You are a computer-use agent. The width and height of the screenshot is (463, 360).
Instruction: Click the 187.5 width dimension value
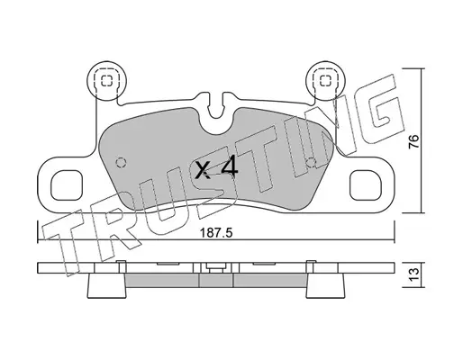[216, 233]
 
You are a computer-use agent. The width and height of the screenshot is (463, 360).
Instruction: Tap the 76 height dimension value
[414, 141]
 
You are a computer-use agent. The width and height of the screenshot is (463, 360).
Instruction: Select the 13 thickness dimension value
[414, 273]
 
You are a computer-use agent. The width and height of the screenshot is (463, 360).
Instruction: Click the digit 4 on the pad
[230, 169]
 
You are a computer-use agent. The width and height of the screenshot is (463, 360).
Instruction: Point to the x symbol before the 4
[202, 170]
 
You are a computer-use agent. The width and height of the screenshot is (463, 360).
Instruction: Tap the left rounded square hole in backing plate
[67, 185]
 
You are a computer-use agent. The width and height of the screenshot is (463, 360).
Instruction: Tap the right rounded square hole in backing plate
[366, 185]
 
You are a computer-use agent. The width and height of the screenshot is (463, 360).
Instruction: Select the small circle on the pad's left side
[121, 163]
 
